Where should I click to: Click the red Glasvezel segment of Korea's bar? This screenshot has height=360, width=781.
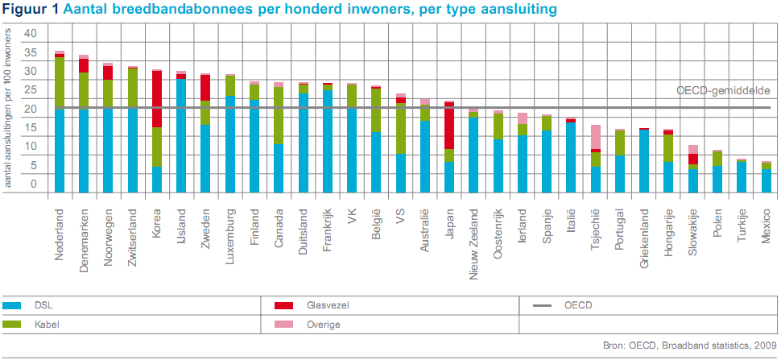point(158,98)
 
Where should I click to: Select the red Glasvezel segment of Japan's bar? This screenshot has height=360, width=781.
point(449,126)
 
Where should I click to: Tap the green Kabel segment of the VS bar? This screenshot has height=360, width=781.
point(399,129)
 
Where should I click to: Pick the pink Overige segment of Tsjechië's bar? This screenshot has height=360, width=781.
point(596,137)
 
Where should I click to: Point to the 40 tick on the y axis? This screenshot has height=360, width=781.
point(31,33)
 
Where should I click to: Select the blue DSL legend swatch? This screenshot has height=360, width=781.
point(12,306)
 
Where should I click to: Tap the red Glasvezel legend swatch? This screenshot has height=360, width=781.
point(283,306)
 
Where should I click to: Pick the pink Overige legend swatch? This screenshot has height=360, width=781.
point(283,325)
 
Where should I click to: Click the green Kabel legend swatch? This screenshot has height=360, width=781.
point(12,325)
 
